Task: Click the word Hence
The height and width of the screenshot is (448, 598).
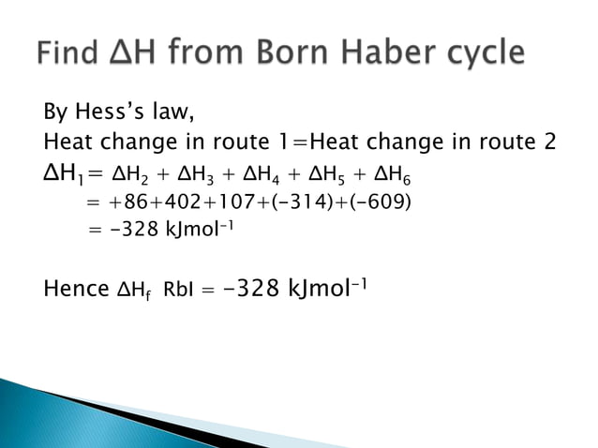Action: (76, 289)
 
